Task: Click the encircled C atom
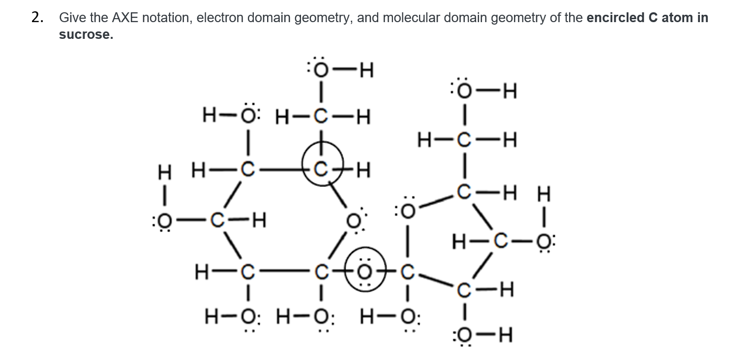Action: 320,171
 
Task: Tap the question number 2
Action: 37,18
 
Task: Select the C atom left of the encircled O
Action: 321,270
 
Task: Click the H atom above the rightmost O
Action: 544,194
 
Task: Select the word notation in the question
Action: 164,18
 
